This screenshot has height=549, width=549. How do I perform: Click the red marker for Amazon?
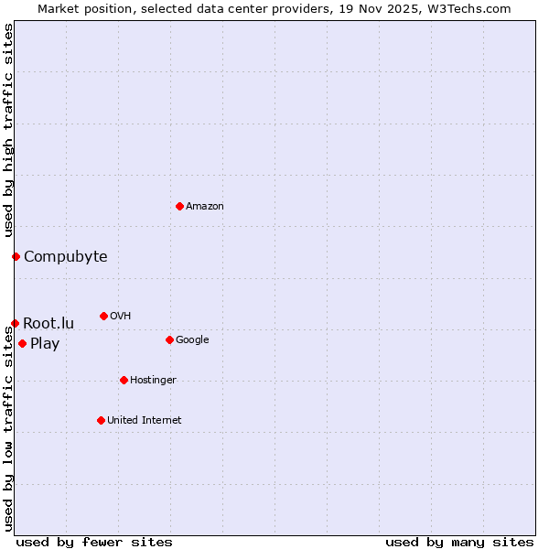click(x=179, y=206)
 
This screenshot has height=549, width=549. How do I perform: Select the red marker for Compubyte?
click(x=16, y=256)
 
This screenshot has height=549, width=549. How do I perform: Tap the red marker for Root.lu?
click(x=15, y=323)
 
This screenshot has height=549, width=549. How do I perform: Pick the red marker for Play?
click(x=22, y=343)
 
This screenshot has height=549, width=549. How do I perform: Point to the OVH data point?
click(x=103, y=316)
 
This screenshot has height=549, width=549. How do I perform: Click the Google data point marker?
click(x=169, y=339)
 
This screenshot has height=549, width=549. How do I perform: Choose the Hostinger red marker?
click(x=124, y=380)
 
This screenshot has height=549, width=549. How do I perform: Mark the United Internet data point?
click(x=101, y=420)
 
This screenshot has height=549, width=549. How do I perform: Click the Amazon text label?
click(x=205, y=206)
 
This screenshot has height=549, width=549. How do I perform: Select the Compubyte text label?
click(x=66, y=256)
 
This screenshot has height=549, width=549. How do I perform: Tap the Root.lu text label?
click(x=48, y=323)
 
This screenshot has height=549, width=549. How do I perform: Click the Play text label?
click(x=45, y=344)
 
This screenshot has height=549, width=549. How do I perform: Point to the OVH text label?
click(x=120, y=316)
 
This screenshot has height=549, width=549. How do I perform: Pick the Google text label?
click(x=192, y=339)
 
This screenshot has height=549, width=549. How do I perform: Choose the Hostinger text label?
click(x=153, y=380)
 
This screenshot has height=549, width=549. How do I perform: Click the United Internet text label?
click(x=145, y=420)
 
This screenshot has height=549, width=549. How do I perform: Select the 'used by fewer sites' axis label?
click(x=94, y=542)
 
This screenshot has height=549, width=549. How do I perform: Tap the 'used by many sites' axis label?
click(x=459, y=542)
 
